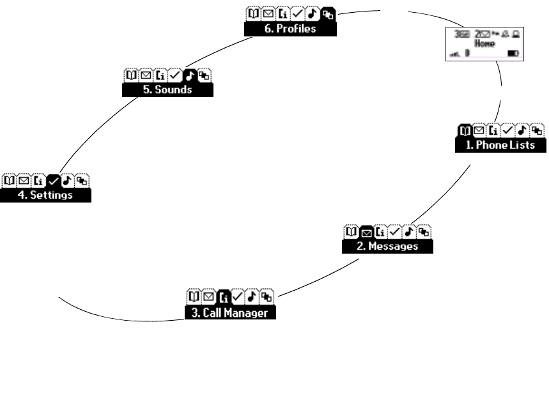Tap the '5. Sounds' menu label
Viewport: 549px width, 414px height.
[167, 90]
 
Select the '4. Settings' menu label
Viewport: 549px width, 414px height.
[45, 195]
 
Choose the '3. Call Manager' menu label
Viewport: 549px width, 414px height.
[231, 313]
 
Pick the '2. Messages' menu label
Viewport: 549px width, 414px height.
[387, 247]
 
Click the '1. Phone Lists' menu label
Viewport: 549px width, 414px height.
[501, 146]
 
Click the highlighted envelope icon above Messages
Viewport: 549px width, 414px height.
[366, 232]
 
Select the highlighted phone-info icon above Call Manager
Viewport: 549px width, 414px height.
[223, 296]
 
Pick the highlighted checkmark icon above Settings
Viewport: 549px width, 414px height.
[54, 180]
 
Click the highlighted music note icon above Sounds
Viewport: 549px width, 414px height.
[190, 75]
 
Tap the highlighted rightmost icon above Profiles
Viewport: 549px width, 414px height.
[328, 13]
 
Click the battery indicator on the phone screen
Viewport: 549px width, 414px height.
[512, 55]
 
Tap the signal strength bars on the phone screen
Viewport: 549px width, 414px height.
[455, 55]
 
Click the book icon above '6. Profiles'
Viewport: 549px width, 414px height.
[252, 13]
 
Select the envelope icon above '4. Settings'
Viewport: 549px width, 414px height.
[24, 180]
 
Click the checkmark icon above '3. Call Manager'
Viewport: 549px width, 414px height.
[238, 296]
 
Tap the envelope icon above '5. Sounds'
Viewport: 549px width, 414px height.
[145, 75]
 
